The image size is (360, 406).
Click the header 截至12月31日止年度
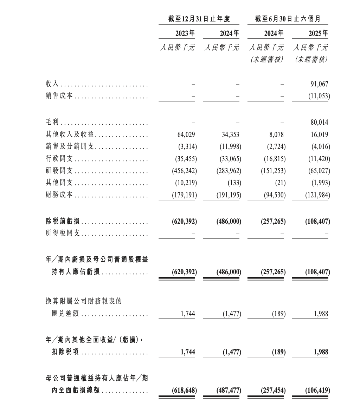pyautogui.click(x=199, y=19)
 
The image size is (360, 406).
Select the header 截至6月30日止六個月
pyautogui.click(x=288, y=19)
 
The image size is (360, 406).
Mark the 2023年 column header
pyautogui.click(x=185, y=34)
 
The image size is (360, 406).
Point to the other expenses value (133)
pyautogui.click(x=234, y=183)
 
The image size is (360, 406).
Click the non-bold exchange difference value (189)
pyautogui.click(x=278, y=314)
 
